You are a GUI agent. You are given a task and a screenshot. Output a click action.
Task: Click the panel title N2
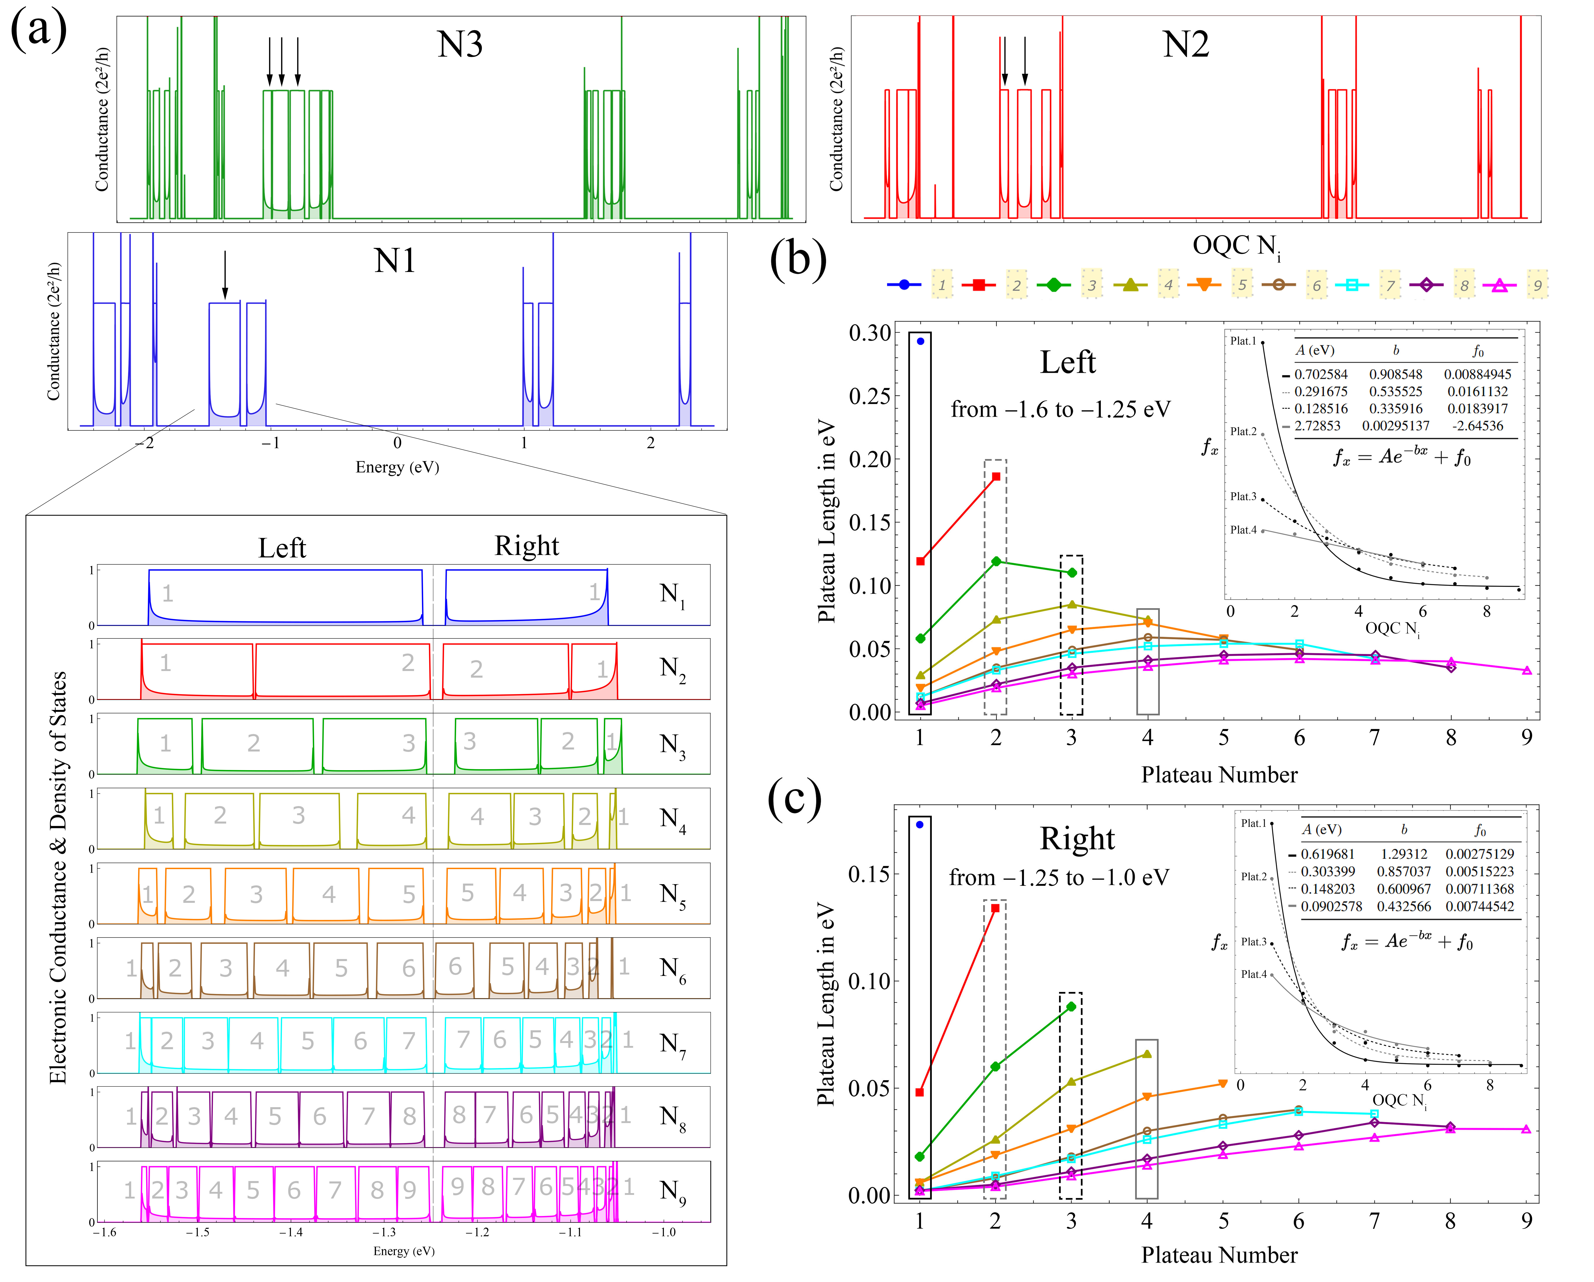pos(1185,44)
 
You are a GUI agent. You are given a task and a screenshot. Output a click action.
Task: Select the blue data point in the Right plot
pos(920,824)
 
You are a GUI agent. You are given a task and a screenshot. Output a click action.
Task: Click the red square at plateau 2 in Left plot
pos(996,477)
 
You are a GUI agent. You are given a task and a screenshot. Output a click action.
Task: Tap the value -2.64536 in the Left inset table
pos(1477,426)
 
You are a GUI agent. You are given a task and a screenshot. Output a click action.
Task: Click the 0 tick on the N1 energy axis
pos(397,443)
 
